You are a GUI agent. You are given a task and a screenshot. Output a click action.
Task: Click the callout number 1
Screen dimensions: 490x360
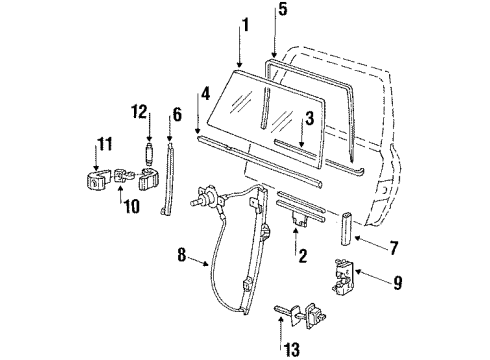point(245,25)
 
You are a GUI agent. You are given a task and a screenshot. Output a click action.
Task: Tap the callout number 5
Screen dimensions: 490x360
point(282,9)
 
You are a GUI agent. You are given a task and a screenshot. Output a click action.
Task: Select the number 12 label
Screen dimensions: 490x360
point(139,112)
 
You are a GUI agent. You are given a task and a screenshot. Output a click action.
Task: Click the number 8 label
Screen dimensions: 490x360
point(181,255)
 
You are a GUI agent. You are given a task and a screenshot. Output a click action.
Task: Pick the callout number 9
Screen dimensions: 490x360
point(397,283)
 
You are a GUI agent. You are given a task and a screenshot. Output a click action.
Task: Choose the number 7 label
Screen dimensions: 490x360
point(394,248)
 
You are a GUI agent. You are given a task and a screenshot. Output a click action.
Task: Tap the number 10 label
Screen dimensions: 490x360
point(131,207)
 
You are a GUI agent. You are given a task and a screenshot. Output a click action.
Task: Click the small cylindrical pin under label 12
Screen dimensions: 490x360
point(149,154)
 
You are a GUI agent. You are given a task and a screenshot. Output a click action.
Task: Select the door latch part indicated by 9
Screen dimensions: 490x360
point(343,276)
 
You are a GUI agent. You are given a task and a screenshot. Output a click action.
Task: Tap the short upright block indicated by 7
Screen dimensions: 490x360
point(346,228)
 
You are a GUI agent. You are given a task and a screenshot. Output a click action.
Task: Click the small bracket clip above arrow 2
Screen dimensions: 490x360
point(299,219)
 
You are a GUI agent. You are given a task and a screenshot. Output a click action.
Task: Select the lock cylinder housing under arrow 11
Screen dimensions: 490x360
point(97,180)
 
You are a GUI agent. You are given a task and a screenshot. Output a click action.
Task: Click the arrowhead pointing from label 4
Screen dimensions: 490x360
point(198,132)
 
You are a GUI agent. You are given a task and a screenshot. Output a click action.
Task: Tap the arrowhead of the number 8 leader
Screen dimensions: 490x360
point(206,264)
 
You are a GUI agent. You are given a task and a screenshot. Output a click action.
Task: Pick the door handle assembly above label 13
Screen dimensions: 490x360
point(300,315)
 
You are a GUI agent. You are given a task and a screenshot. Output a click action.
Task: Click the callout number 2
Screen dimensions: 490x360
point(303,256)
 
